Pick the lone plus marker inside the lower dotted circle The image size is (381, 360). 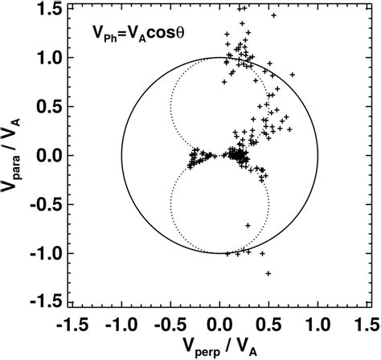click(x=248, y=224)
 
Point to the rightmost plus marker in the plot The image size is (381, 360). click(x=293, y=76)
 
